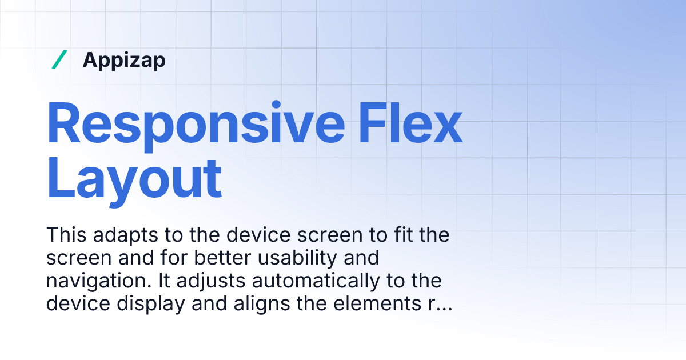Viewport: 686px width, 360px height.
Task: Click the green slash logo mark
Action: pos(59,59)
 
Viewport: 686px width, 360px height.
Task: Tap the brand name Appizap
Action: pos(124,60)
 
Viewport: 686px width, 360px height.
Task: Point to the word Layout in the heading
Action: pos(134,178)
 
